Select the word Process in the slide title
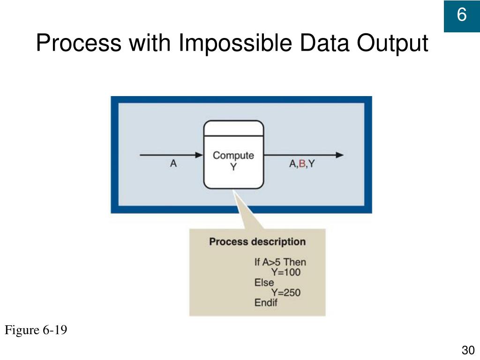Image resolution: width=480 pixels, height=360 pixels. pos(77,44)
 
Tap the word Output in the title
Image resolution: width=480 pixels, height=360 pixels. pos(392,44)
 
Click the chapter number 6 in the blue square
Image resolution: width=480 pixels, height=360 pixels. pos(462,15)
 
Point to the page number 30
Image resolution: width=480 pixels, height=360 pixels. pos(468,350)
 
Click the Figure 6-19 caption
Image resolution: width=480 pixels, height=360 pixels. pos(36,330)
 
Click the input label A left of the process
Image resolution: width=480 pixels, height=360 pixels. pos(173,164)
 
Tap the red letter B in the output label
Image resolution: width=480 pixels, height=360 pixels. pos(302,164)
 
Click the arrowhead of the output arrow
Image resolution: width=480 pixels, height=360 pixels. pos(340,155)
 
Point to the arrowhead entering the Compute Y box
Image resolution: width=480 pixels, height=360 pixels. pos(199,155)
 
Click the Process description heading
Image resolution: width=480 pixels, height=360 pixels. pos(257,242)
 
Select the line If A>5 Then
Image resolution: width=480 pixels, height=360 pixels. pos(280,262)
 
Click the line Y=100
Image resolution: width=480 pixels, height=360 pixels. pos(285,272)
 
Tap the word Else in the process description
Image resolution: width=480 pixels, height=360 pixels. pos(264,282)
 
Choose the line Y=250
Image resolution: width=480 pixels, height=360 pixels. pos(285,292)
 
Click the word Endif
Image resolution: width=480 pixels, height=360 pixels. pos(266,302)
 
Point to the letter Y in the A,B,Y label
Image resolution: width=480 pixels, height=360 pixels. pos(311,164)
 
